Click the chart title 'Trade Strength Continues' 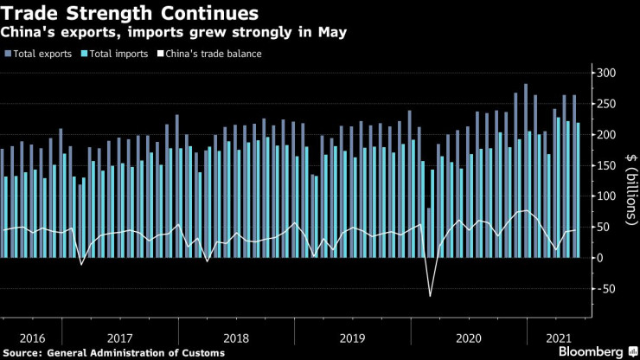(x=131, y=14)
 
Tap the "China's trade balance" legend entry (x=208, y=54)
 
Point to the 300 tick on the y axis (x=605, y=73)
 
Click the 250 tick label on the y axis (x=605, y=104)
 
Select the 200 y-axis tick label (x=605, y=135)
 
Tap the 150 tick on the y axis (x=605, y=165)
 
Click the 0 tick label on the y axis (x=598, y=258)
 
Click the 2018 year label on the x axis (x=236, y=337)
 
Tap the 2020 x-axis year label (x=468, y=337)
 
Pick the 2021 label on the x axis (x=558, y=337)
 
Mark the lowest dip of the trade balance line (x=430, y=297)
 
